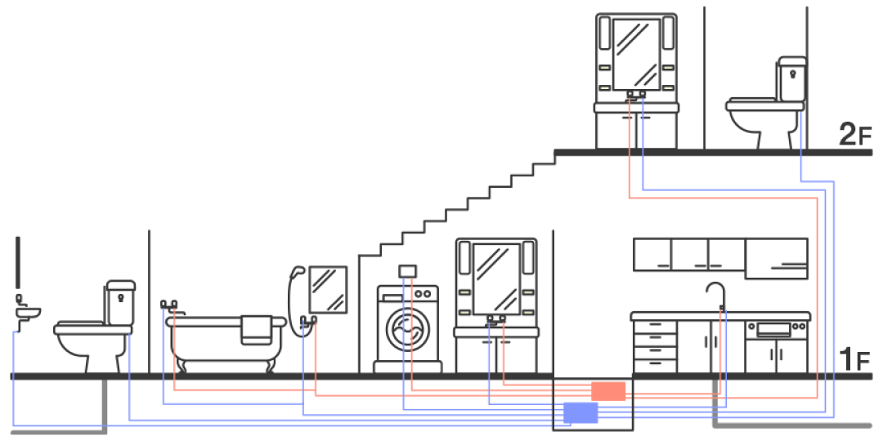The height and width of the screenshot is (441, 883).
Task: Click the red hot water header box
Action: click(608, 390)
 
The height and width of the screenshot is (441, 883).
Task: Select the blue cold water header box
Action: click(580, 413)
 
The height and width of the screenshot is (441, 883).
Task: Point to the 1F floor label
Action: click(855, 360)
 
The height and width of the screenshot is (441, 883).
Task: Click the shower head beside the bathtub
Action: click(299, 270)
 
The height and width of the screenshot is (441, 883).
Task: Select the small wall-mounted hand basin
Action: click(28, 314)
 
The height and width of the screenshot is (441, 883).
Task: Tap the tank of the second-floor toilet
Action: click(791, 80)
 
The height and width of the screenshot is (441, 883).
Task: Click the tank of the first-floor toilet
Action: click(120, 303)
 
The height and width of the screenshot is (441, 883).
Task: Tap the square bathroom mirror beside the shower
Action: click(328, 289)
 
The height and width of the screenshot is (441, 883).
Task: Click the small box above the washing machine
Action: click(407, 270)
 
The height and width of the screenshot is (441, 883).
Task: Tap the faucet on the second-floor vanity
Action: click(636, 96)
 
